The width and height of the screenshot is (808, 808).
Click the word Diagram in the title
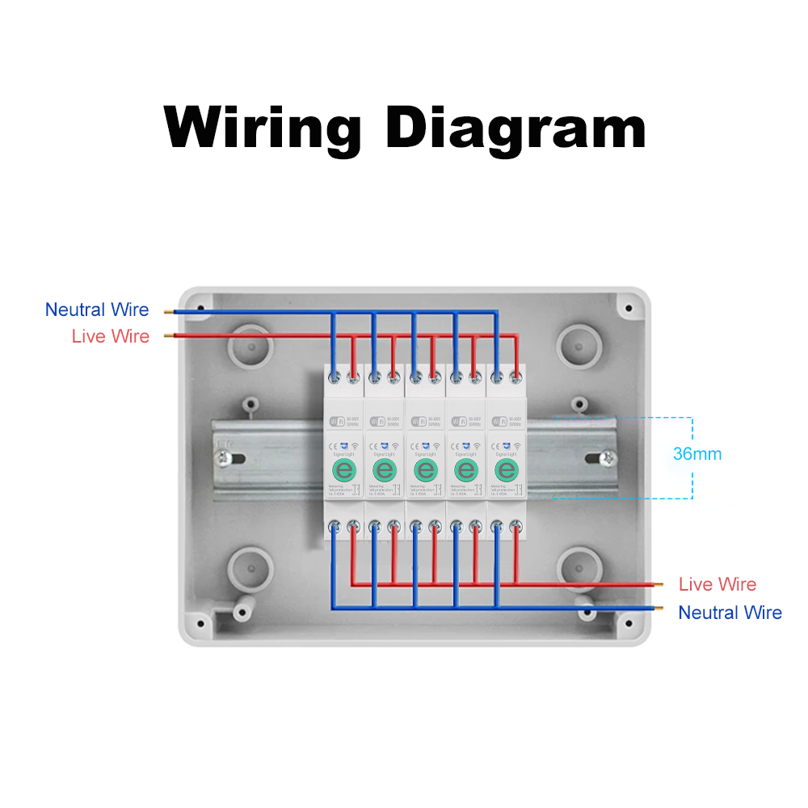(x=516, y=128)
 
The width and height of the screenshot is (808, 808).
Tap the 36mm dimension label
(x=697, y=454)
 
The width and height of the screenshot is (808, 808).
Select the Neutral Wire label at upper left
(x=97, y=309)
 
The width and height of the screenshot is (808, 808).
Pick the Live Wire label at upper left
(x=111, y=336)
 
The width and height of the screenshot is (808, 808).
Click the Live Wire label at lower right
(x=718, y=584)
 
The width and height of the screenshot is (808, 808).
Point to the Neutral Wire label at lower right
(x=730, y=612)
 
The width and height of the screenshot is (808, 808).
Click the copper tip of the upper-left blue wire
(x=167, y=310)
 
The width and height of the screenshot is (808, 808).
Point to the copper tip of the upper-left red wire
(x=167, y=335)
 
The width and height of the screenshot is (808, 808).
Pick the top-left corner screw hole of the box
(x=199, y=308)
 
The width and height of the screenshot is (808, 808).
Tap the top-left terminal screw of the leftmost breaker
(x=335, y=377)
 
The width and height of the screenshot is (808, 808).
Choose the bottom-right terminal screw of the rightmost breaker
(x=515, y=528)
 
